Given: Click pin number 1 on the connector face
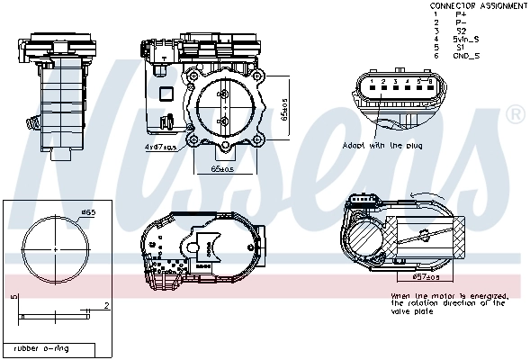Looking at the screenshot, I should click(x=371, y=82).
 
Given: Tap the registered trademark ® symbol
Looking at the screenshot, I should click(x=516, y=114).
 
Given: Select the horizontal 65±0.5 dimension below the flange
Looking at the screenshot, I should click(x=221, y=168).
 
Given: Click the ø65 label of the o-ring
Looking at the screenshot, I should click(x=88, y=212).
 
